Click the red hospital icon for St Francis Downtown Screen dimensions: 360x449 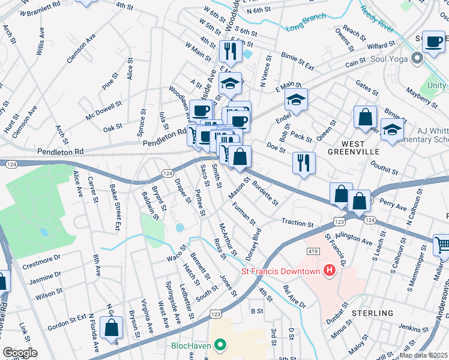329,272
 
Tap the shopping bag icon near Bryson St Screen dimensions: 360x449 112,328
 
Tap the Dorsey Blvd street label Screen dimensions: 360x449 253,243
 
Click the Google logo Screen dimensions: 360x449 20,352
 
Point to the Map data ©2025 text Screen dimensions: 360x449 424,355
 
